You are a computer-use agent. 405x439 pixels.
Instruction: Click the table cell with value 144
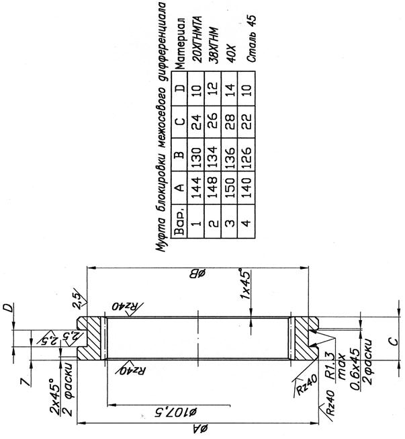pos(196,188)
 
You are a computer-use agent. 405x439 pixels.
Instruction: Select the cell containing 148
pos(213,188)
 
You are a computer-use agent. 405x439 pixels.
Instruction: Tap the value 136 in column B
pos(230,155)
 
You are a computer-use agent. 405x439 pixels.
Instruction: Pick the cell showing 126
pos(246,155)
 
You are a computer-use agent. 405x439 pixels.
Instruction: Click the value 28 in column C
pos(230,122)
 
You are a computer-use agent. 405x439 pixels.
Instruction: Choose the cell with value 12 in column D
pos(213,89)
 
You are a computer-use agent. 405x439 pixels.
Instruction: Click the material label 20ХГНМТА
pos(197,39)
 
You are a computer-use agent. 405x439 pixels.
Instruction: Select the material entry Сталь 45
pos(251,38)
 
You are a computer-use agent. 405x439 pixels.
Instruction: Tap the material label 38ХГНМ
pos(214,45)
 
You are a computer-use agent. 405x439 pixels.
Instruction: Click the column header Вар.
pos(179,221)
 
